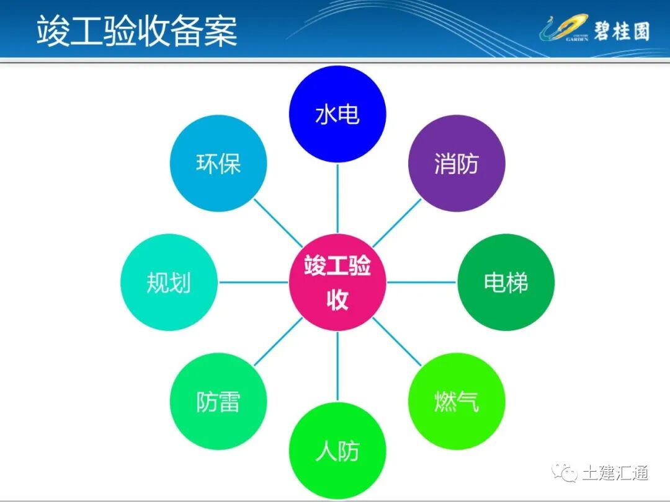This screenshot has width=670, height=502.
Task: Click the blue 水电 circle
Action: coord(337,115)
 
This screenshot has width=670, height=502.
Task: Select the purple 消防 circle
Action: coord(457,164)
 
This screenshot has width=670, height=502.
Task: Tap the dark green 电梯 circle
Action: coord(506,283)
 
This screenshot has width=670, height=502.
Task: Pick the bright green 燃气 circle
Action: coord(457,402)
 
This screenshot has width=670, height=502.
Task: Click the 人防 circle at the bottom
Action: coord(337,451)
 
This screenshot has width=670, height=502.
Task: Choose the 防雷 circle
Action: coord(218,402)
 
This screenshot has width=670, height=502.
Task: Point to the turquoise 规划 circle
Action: coord(169,283)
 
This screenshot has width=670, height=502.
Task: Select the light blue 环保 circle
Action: coord(218,164)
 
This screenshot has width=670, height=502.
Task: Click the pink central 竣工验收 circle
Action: coord(337,283)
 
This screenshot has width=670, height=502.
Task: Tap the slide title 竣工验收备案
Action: coord(137,31)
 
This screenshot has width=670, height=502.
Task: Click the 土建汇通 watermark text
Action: coord(615,473)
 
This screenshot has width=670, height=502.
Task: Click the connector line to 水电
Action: coord(337,198)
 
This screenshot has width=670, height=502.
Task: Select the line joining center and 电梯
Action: coord(422,283)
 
